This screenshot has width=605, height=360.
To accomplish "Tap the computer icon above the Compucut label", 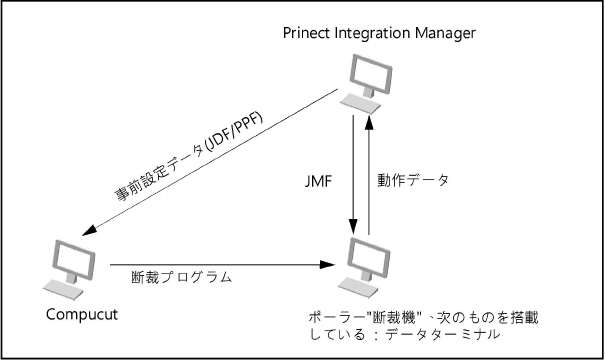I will (68, 269).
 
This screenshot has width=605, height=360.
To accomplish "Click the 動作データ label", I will (413, 182).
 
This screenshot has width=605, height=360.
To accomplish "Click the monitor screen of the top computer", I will (362, 72).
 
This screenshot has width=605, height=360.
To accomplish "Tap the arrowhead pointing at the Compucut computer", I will (89, 235).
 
